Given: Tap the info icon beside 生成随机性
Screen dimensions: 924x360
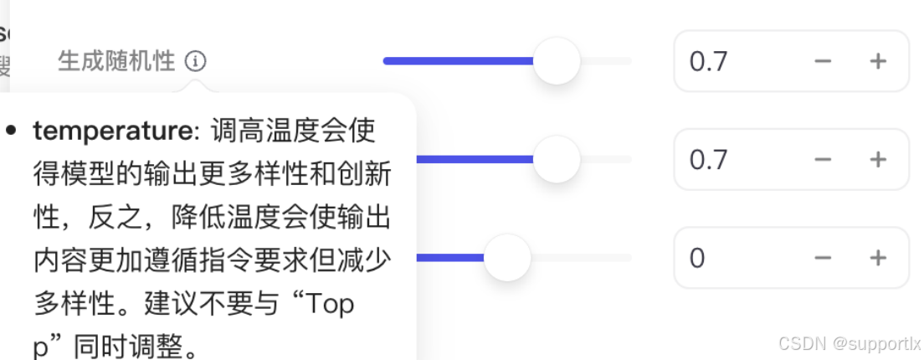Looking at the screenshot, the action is pos(196,61).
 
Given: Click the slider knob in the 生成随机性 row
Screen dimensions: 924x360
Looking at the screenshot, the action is pos(557,61).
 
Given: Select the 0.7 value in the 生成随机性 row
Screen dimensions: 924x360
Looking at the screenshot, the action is pos(708,61).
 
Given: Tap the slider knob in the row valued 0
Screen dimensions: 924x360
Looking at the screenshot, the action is pos(507,258).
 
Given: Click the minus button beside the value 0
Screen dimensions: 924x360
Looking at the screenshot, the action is pos(824,258).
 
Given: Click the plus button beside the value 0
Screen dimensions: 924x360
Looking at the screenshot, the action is pos(878,258).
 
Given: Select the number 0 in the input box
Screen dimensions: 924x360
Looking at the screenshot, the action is pos(697,258).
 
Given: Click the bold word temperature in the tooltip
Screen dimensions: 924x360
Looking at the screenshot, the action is pos(112,131).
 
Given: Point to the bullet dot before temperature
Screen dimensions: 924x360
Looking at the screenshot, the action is pos(12,131).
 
